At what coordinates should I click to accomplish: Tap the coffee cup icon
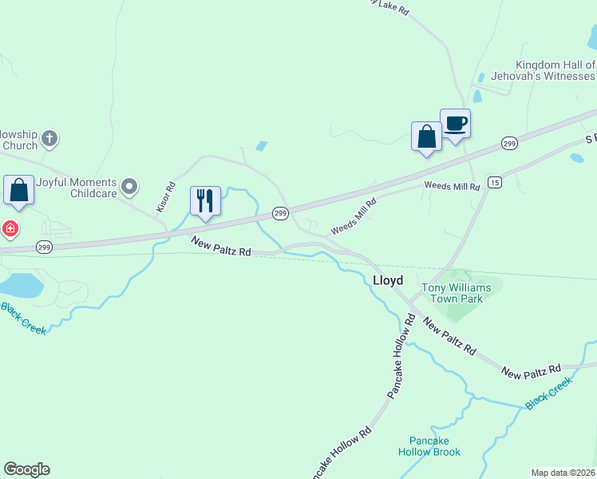point(455,124)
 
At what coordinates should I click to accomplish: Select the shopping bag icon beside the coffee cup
point(426,137)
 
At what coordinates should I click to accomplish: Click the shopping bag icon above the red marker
point(18,191)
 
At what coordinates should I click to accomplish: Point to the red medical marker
point(9,230)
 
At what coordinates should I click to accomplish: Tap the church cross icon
point(49,140)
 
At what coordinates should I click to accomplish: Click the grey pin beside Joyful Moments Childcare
point(130,188)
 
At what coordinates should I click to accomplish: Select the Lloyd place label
point(388,280)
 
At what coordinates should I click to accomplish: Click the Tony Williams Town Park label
point(453,293)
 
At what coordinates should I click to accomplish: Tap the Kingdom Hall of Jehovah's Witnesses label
point(555,70)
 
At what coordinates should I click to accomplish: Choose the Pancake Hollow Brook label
point(429,446)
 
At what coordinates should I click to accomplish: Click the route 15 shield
point(495,182)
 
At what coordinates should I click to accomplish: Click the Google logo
point(26,469)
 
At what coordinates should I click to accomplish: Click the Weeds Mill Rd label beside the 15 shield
point(452,186)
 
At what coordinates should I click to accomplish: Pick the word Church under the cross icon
point(19,145)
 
